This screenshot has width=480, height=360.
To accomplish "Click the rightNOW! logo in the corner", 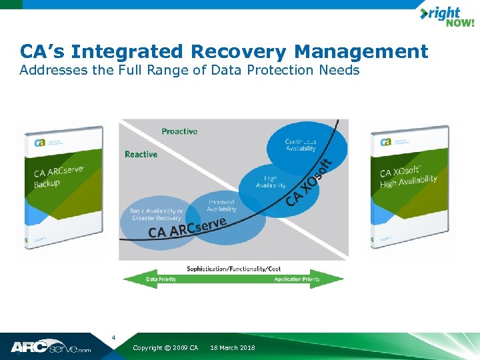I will coord(446,17).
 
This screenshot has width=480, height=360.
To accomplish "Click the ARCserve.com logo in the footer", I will coord(50,347).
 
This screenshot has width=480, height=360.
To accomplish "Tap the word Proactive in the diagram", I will coord(179,131).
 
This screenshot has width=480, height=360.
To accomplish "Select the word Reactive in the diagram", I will coord(141,154).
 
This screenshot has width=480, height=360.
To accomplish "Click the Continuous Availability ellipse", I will coord(307,145).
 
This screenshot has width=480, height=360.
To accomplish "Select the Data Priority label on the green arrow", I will coord(161,279).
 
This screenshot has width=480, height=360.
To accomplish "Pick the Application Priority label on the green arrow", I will coord(297,279).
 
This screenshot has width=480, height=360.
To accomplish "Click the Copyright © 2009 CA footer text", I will coord(165,348).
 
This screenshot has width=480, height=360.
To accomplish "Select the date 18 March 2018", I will coord(232,348).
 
